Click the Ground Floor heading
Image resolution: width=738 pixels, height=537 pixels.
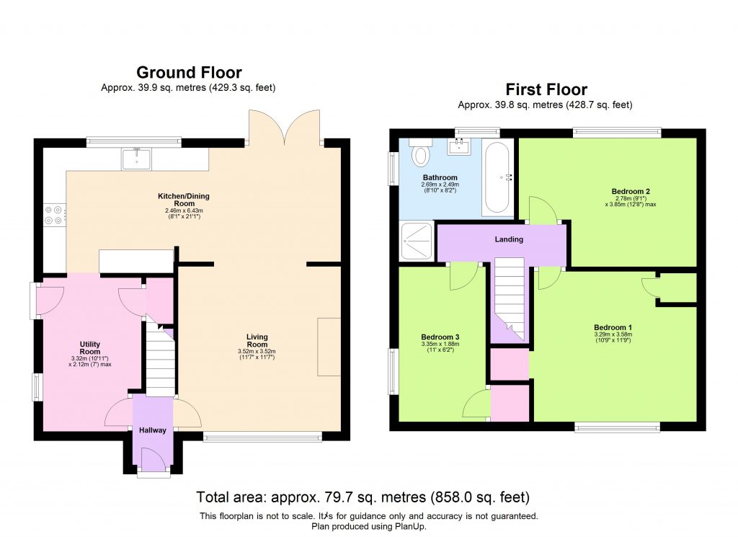[x=189, y=72]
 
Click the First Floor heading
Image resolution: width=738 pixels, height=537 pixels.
[x=546, y=89]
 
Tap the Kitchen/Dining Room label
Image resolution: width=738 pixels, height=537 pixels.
[x=184, y=200]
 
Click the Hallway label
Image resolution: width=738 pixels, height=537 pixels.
[x=153, y=430]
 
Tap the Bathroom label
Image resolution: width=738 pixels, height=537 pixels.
[x=440, y=177]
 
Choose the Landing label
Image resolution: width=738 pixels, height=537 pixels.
[x=509, y=239]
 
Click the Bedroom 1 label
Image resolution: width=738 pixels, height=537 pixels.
[x=613, y=327]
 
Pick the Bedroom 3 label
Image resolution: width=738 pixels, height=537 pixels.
[x=440, y=337]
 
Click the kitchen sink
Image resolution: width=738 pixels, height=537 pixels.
[x=137, y=157]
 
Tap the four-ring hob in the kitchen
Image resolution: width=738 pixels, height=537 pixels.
[x=55, y=214]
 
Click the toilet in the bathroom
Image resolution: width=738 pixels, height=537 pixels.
[x=419, y=154]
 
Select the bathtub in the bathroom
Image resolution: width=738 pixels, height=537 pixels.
[x=497, y=177]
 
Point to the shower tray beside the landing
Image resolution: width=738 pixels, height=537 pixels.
[x=417, y=241]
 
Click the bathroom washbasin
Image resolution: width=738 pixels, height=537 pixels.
[x=459, y=148]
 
